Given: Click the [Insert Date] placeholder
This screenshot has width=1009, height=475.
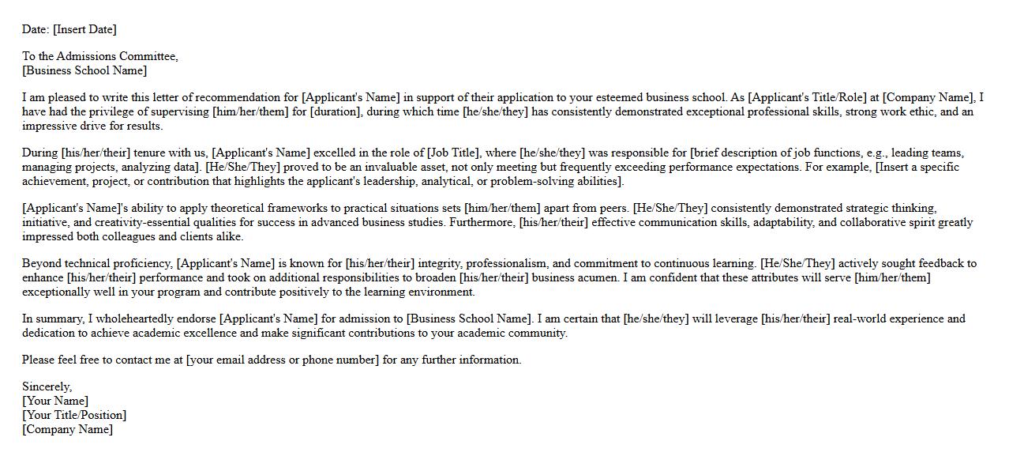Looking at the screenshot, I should tap(84, 29).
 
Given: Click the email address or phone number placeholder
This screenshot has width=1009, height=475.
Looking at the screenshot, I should tap(283, 360).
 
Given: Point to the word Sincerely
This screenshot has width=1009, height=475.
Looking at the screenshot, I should tap(47, 386).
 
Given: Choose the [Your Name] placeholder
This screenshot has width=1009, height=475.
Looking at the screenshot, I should tap(55, 401).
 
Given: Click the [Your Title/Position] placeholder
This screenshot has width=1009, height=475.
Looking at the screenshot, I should tap(74, 415).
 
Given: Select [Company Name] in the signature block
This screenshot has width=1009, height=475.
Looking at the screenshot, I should tap(68, 429).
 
